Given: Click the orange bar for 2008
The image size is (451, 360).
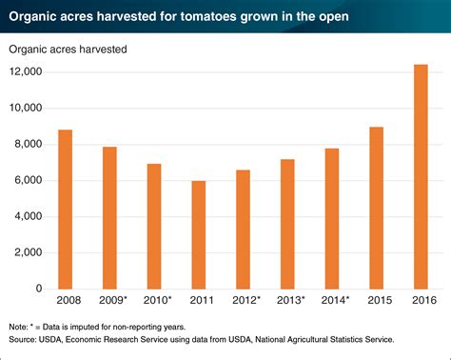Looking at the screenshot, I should click(66, 210).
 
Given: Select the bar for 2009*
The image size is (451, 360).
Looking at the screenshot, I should click(109, 218).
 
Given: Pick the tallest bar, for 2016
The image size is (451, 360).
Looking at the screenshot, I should click(421, 177).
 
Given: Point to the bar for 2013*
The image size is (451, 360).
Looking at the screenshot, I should click(287, 225).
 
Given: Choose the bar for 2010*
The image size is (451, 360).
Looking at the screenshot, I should click(154, 227).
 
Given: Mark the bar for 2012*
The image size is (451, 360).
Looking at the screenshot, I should click(243, 230).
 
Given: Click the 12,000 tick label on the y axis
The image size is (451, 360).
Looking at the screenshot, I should click(23, 72).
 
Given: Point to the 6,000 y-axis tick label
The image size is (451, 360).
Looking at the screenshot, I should click(26, 181).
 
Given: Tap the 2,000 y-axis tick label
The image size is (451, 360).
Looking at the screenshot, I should click(26, 253).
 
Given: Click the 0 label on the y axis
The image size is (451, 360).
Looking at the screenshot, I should click(38, 290).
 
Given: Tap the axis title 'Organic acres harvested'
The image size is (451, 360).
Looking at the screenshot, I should click(68, 48).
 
